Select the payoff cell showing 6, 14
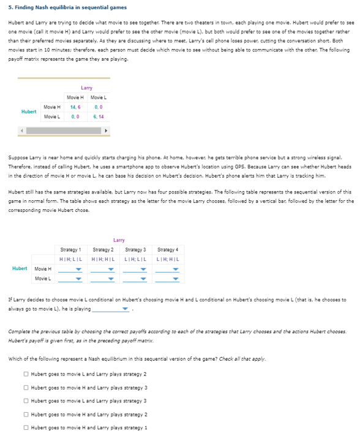pyautogui.click(x=98, y=116)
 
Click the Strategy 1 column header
pyautogui.click(x=72, y=249)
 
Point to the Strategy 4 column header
pyautogui.click(x=167, y=249)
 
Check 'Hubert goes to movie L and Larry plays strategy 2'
pyautogui.click(x=26, y=374)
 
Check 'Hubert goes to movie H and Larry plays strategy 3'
pyautogui.click(x=26, y=387)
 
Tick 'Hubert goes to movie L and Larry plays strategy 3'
pyautogui.click(x=26, y=400)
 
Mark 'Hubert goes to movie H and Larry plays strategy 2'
pyautogui.click(x=26, y=414)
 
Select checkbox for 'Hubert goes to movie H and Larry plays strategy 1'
pyautogui.click(x=26, y=427)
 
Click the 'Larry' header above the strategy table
pyautogui.click(x=119, y=240)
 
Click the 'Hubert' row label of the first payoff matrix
pyautogui.click(x=28, y=111)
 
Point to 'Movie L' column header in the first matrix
pyautogui.click(x=98, y=98)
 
